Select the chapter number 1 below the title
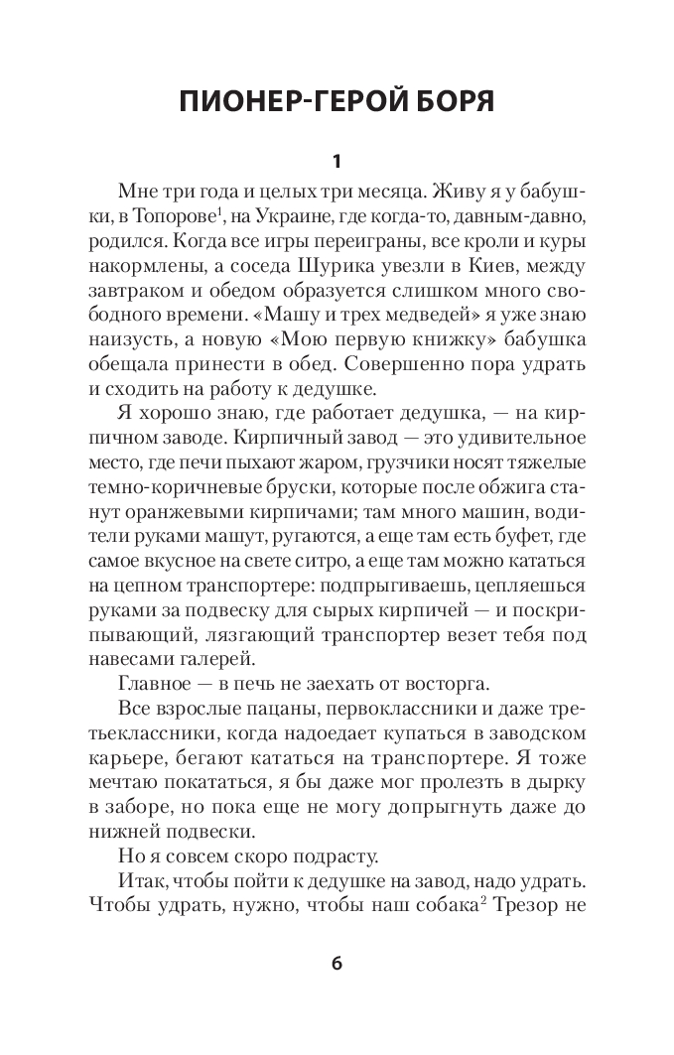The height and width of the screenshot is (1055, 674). coord(337,160)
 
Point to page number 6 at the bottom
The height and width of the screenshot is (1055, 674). coord(337,965)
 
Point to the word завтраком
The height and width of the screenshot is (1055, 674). coord(158,292)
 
